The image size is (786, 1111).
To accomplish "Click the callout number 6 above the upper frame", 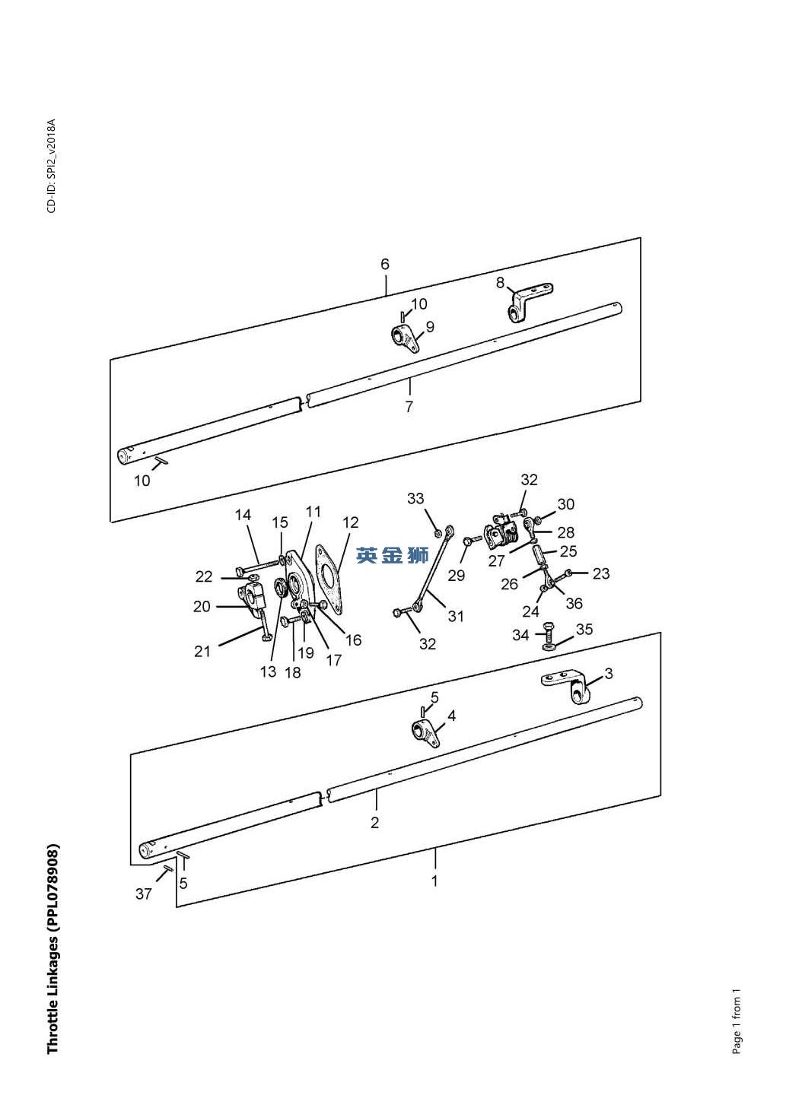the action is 385,265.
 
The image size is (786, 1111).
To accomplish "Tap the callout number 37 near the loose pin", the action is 143,894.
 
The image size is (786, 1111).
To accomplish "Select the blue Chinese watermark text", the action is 392,555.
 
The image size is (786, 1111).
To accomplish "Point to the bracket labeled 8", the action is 529,302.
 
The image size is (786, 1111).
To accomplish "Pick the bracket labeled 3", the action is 565,686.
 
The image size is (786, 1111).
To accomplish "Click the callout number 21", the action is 202,651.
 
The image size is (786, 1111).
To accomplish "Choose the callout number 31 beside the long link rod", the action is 456,616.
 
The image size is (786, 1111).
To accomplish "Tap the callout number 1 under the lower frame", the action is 434,881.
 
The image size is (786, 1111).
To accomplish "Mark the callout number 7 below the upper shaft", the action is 409,407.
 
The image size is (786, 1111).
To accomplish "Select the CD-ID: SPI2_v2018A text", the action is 52,166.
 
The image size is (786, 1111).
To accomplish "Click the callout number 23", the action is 601,573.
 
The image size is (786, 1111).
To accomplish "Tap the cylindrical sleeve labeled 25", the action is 539,554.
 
